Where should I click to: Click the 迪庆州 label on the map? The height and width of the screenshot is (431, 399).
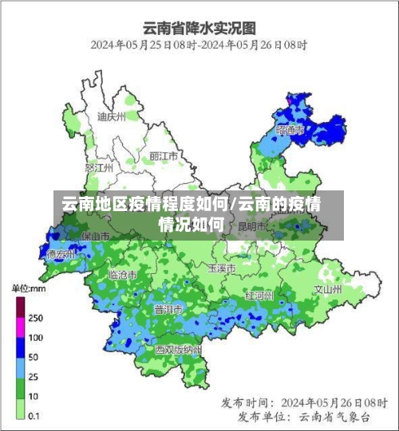(x=111, y=116)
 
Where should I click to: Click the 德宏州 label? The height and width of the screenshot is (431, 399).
(x=61, y=254)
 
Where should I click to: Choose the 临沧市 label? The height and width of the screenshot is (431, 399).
(x=122, y=274)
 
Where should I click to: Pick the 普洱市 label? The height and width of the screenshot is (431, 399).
(x=168, y=308)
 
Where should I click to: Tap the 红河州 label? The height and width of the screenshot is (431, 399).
(x=259, y=296)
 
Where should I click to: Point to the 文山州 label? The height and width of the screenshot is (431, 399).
(x=327, y=288)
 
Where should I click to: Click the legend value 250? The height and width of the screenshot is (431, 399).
(x=36, y=317)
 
